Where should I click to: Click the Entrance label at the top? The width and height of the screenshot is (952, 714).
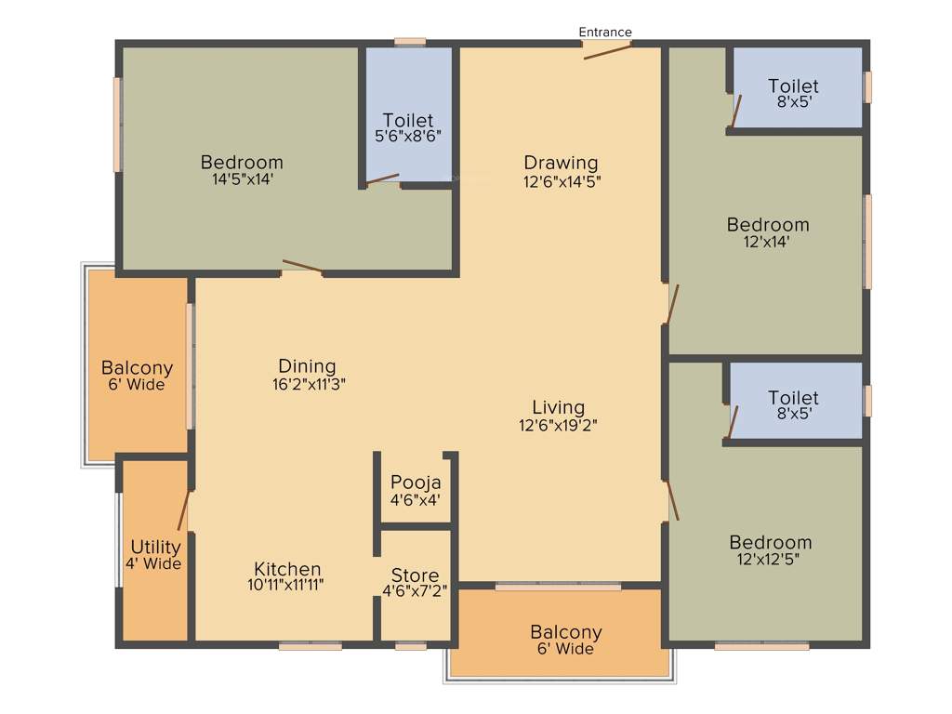pyautogui.click(x=605, y=33)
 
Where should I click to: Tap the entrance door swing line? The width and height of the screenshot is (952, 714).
pyautogui.click(x=607, y=50)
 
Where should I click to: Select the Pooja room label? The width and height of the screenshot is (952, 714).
pyautogui.click(x=416, y=483)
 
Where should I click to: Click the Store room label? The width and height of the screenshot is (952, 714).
pyautogui.click(x=415, y=575)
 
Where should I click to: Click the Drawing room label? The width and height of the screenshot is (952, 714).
pyautogui.click(x=561, y=164)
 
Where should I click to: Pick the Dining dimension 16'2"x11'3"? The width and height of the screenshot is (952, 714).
pyautogui.click(x=307, y=383)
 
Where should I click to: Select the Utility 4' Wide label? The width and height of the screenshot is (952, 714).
pyautogui.click(x=155, y=555)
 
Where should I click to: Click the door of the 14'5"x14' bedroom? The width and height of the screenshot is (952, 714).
pyautogui.click(x=302, y=268)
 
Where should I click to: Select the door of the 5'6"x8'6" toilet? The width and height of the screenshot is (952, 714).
pyautogui.click(x=382, y=178)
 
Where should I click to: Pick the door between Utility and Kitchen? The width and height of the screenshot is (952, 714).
pyautogui.click(x=184, y=510)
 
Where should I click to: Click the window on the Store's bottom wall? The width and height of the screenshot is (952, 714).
pyautogui.click(x=411, y=645)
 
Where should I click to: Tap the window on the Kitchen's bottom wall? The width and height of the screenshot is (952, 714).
pyautogui.click(x=311, y=645)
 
